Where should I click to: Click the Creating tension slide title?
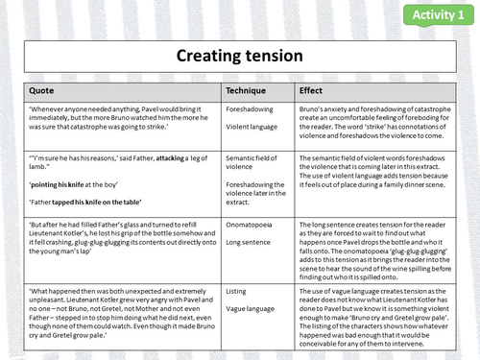click(239, 57)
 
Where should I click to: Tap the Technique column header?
click(247, 89)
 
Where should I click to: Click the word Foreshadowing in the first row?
click(252, 110)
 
